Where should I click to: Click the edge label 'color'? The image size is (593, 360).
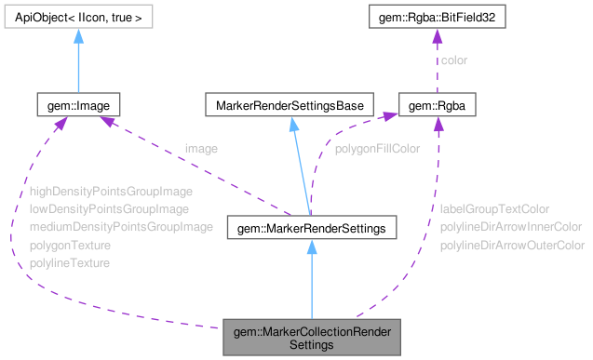point(454,60)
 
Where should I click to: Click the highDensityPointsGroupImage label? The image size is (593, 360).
point(110,191)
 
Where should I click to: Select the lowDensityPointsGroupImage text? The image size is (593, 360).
point(108,208)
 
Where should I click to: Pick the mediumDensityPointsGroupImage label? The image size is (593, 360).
point(121,226)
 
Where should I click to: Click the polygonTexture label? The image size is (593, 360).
point(70,245)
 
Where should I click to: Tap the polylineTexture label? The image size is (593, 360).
point(69,262)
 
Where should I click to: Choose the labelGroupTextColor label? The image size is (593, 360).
point(494,208)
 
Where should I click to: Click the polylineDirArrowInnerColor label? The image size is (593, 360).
point(511,226)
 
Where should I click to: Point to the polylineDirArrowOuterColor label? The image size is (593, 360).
point(512,245)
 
